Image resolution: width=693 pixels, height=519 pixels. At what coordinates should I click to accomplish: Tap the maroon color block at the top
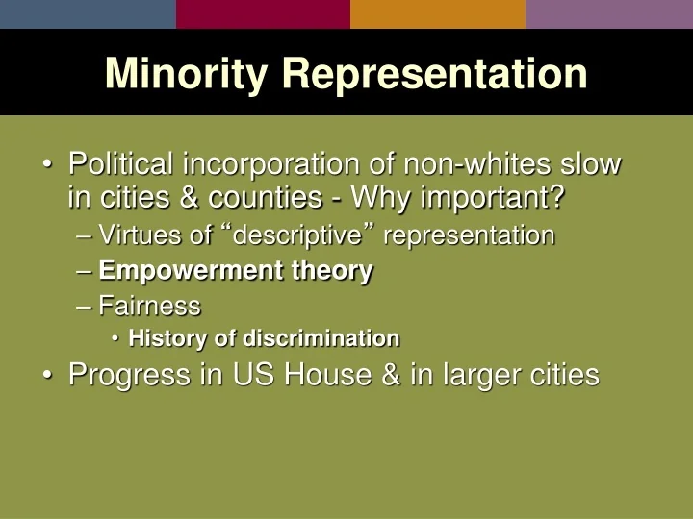(263, 13)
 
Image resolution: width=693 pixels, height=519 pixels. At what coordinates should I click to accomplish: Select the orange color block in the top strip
(437, 13)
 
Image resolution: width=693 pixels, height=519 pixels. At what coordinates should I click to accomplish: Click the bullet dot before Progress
(48, 376)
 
